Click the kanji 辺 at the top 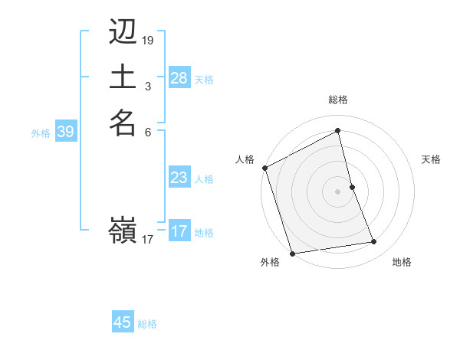pos(123,32)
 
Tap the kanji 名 pos(123,122)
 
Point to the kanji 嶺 pos(123,231)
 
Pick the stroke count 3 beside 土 pos(147,86)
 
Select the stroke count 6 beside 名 pos(147,131)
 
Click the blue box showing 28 pos(179,78)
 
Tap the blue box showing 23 pos(179,178)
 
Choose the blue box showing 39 pos(65,132)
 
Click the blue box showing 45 pos(123,322)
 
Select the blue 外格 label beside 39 pos(41,133)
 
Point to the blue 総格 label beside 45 pos(147,324)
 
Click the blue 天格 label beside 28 pos(204,79)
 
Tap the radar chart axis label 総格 pos(338,100)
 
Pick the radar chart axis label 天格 pos(431,159)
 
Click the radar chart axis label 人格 pos(245,159)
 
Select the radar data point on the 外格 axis pos(292,254)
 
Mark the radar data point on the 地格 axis pos(374,242)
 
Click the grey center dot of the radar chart pos(338,191)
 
